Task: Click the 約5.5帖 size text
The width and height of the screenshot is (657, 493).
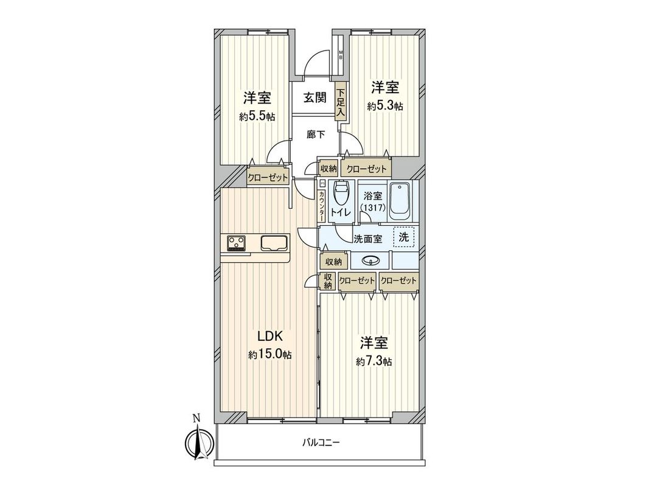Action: pos(257,116)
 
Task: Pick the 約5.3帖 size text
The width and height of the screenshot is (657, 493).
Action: pos(385,106)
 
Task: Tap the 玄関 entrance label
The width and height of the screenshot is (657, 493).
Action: pos(315,97)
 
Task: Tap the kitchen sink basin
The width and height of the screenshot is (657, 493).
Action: pos(275,243)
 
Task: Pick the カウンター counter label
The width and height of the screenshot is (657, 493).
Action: pos(321,206)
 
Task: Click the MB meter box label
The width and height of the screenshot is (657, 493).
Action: pos(341,55)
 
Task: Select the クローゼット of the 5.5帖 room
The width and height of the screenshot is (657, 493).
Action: pos(267,178)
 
